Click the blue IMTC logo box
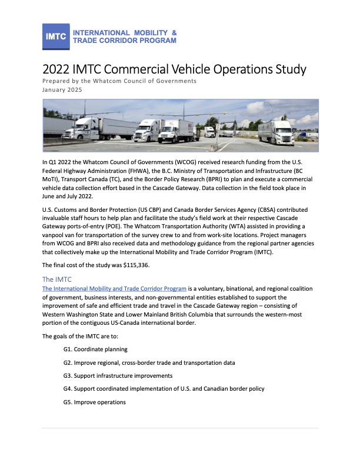click(x=56, y=36)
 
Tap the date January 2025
click(x=62, y=90)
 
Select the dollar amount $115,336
click(x=132, y=265)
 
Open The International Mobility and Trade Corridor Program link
click(x=115, y=289)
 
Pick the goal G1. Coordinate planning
click(x=95, y=349)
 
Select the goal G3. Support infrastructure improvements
click(x=118, y=375)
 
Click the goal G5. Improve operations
click(x=94, y=402)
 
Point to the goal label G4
click(x=68, y=389)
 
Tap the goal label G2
click(x=68, y=362)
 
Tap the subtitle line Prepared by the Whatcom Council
click(x=119, y=81)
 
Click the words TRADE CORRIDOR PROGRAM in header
click(x=124, y=41)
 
